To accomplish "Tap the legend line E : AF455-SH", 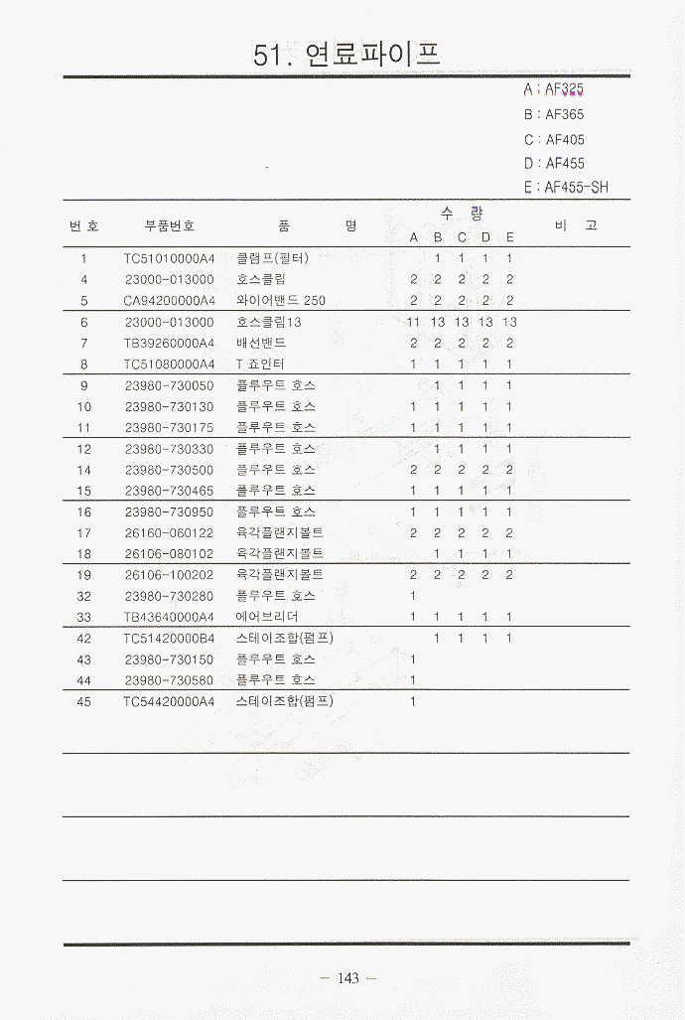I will [565, 187].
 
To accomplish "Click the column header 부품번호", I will [170, 225].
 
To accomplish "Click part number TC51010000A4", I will [170, 258].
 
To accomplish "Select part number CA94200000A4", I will [170, 300].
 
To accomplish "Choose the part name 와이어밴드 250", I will [281, 300].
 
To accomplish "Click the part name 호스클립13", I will [269, 322].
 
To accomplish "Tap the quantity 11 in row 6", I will [413, 322].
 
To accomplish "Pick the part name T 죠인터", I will [260, 364].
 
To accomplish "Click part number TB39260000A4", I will [170, 343].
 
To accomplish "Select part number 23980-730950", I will [170, 511].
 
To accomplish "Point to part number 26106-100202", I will [170, 574].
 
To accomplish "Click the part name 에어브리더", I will [267, 616].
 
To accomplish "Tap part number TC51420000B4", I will [170, 638].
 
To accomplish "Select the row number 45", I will [84, 701].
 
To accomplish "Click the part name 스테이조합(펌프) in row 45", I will [285, 701].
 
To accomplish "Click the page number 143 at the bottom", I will [347, 978].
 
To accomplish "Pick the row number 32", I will [84, 596].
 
